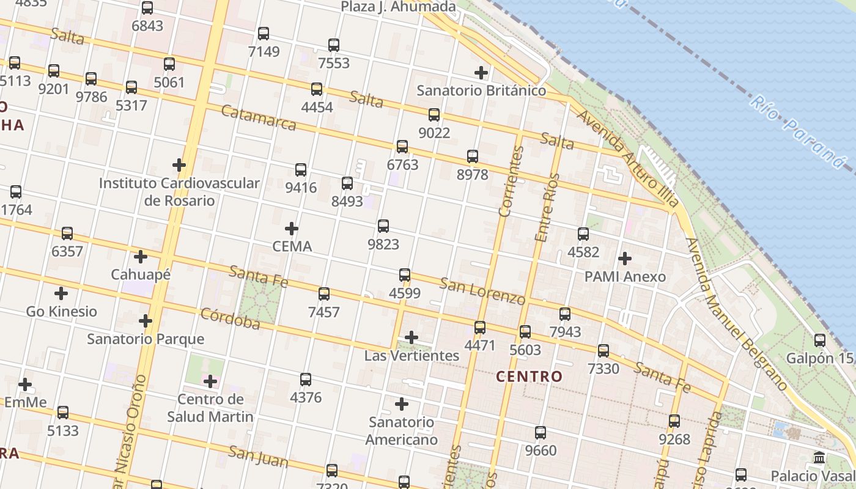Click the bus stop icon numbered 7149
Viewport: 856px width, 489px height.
264,34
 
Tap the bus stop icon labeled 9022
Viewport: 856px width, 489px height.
434,114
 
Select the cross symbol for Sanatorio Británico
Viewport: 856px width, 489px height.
481,73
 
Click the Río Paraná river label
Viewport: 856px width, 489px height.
797,131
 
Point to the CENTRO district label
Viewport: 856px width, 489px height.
529,377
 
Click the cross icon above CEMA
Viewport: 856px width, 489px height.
292,229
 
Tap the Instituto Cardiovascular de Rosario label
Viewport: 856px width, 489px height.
179,191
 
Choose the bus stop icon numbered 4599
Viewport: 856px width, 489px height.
405,275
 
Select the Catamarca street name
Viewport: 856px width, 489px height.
258,119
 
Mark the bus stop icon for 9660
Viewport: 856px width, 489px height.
541,433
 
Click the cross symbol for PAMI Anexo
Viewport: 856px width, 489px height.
625,259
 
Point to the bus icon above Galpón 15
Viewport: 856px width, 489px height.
820,340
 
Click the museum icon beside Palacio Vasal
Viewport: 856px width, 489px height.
820,458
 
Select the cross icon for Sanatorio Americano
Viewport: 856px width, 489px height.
402,404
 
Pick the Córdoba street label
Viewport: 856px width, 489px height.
231,318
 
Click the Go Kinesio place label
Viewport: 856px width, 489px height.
61,311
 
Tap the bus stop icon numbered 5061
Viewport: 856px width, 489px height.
169,64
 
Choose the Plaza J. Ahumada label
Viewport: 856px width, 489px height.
398,7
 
